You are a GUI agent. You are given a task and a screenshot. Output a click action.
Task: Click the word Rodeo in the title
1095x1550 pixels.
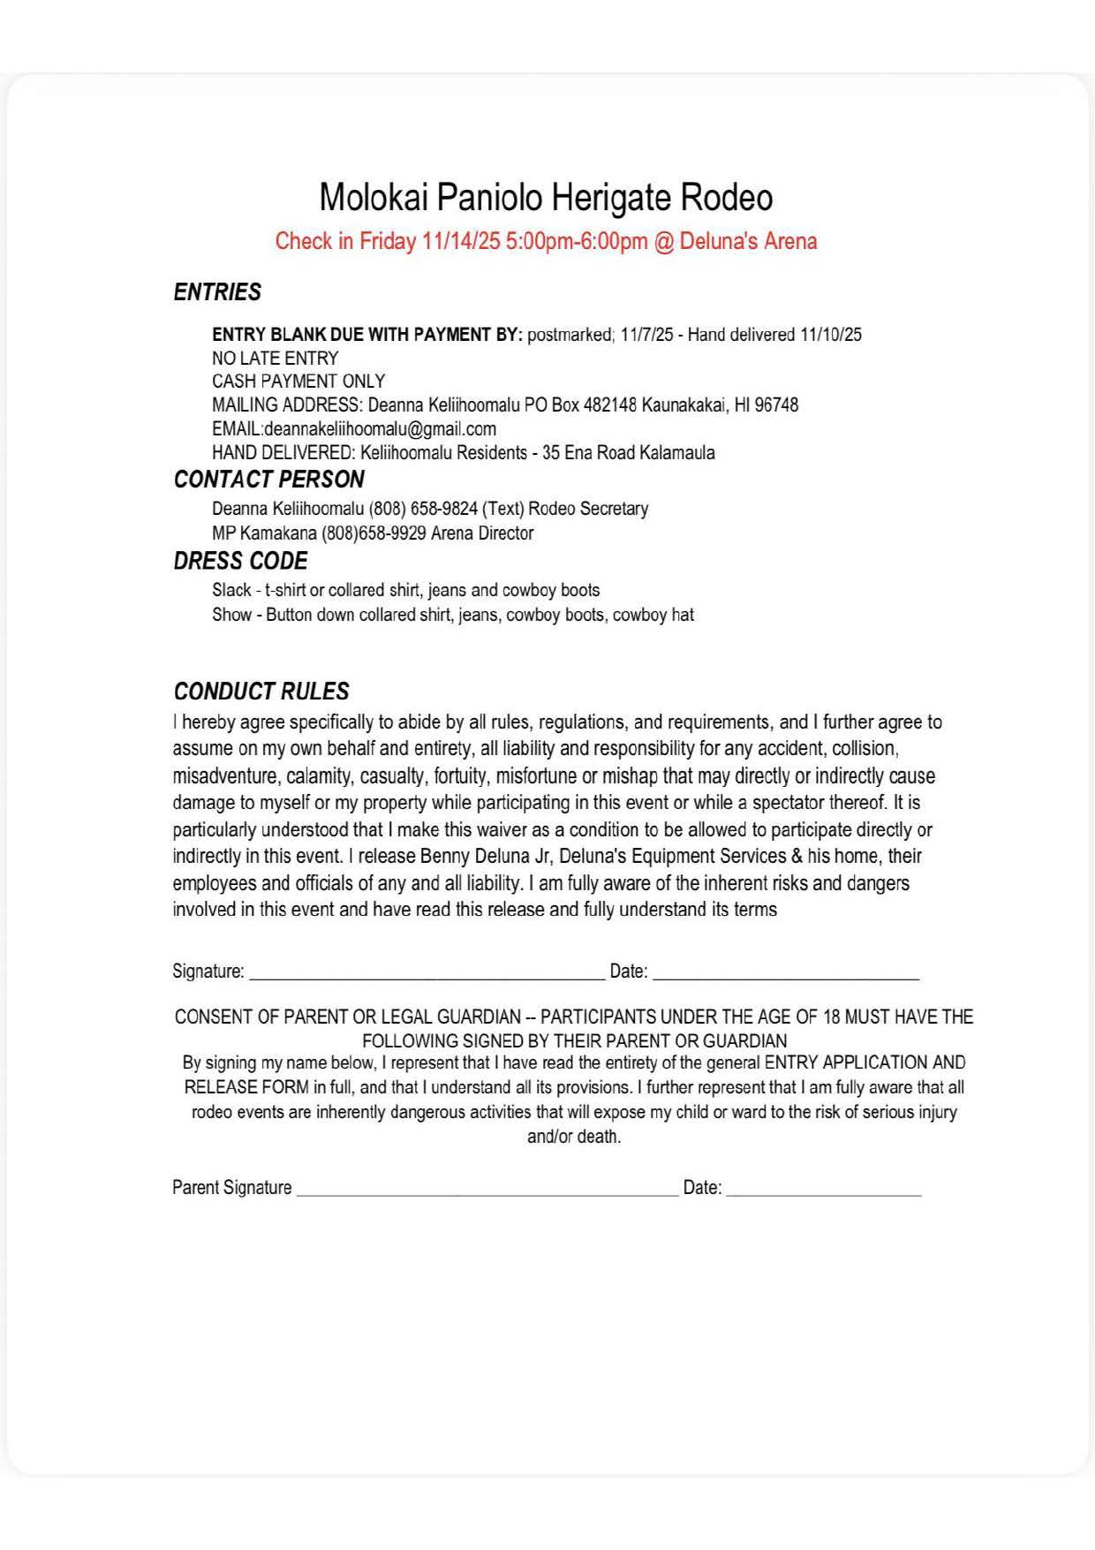[x=726, y=198]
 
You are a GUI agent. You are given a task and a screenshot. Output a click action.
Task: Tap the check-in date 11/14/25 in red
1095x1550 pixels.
[x=461, y=241]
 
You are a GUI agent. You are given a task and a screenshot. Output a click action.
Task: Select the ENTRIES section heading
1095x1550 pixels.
[x=217, y=292]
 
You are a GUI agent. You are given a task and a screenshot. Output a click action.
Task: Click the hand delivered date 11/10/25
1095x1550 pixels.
[x=831, y=335]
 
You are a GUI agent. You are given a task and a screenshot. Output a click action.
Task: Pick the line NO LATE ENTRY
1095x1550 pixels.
[x=275, y=359]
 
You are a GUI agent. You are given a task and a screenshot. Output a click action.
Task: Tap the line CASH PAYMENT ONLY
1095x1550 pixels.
[x=298, y=382]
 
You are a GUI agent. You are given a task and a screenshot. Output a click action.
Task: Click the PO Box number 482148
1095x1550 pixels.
[x=610, y=405]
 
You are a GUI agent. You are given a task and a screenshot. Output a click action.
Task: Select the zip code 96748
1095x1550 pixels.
[x=776, y=405]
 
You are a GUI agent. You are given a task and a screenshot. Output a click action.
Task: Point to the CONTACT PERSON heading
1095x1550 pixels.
[x=268, y=480]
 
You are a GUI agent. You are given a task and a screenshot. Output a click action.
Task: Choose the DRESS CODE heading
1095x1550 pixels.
[x=240, y=562]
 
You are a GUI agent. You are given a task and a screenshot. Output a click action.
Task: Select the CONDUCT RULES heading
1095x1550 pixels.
[x=261, y=692]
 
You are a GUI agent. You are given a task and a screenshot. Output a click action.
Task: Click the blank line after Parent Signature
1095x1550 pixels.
[x=487, y=1189]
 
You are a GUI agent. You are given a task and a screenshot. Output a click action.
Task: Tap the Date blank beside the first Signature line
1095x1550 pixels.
[x=786, y=972]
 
